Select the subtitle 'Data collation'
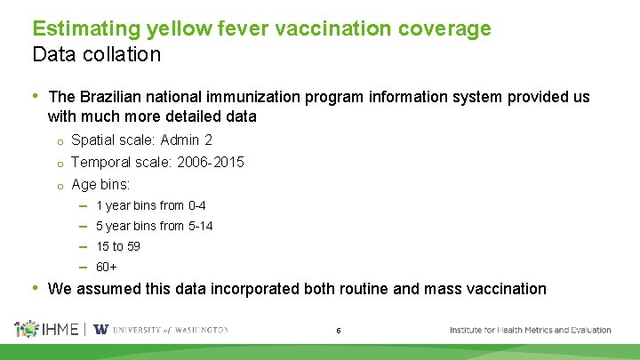[x=96, y=54]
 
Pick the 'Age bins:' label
[x=100, y=184]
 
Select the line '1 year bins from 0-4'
[x=150, y=205]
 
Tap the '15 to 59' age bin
[x=117, y=246]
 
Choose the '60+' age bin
[x=107, y=267]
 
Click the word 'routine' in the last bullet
[x=371, y=288]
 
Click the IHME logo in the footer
[x=46, y=329]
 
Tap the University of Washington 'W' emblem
[x=100, y=329]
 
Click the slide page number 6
[x=339, y=331]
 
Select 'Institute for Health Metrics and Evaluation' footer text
[x=530, y=330]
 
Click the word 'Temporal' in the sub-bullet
[x=98, y=162]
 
